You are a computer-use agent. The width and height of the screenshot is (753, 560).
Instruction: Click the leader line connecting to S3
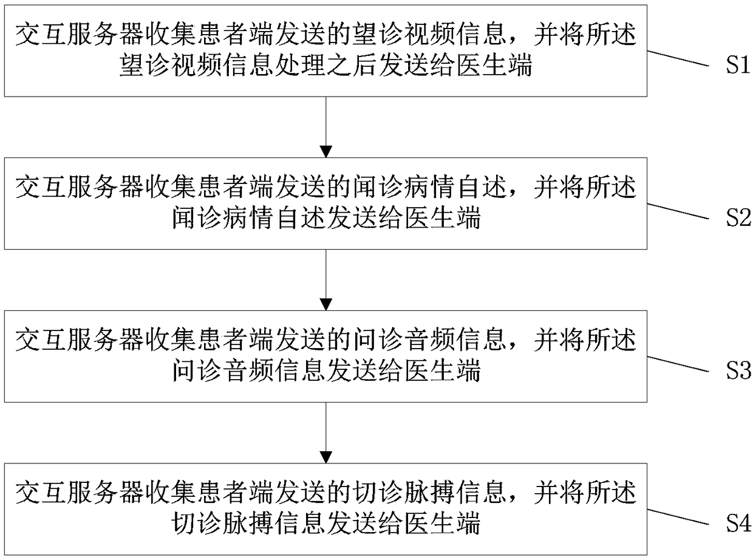(680, 363)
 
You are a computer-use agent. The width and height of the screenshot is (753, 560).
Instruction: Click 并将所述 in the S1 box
(585, 35)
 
